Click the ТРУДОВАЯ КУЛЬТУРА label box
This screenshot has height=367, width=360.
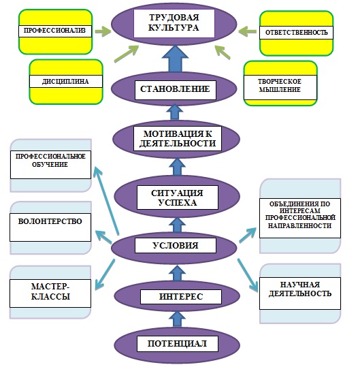[x=174, y=23]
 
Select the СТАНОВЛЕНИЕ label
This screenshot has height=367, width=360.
[x=175, y=90]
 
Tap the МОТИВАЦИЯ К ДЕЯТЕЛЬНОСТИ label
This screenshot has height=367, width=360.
[x=178, y=139]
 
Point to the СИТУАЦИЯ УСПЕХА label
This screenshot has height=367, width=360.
[x=178, y=197]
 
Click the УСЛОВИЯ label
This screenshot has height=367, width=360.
[x=176, y=246]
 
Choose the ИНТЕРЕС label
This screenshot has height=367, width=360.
[x=181, y=297]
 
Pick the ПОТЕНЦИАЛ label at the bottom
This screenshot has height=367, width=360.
[x=178, y=344]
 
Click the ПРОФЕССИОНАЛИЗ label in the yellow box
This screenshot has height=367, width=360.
[x=55, y=31]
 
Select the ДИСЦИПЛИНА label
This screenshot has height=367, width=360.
[x=66, y=81]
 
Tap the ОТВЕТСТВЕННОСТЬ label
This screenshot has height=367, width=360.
[x=297, y=33]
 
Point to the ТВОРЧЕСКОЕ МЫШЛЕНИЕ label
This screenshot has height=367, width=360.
[x=280, y=85]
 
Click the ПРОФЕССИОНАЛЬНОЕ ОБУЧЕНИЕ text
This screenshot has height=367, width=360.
[x=50, y=160]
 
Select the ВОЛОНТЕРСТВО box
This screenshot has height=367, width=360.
[x=50, y=227]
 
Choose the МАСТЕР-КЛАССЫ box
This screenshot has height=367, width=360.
[x=50, y=293]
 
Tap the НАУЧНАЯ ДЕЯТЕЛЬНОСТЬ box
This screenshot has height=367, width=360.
[x=300, y=293]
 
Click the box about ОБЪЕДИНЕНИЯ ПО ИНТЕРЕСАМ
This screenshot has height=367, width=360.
[x=300, y=218]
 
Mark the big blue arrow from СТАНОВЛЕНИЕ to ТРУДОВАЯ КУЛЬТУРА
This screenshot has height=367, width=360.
[x=175, y=59]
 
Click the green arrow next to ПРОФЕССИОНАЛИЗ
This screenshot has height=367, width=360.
[x=103, y=31]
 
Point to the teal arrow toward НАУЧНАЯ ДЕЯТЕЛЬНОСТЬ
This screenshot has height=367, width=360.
[x=248, y=276]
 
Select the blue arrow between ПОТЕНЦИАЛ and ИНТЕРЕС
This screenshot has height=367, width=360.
[x=177, y=319]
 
